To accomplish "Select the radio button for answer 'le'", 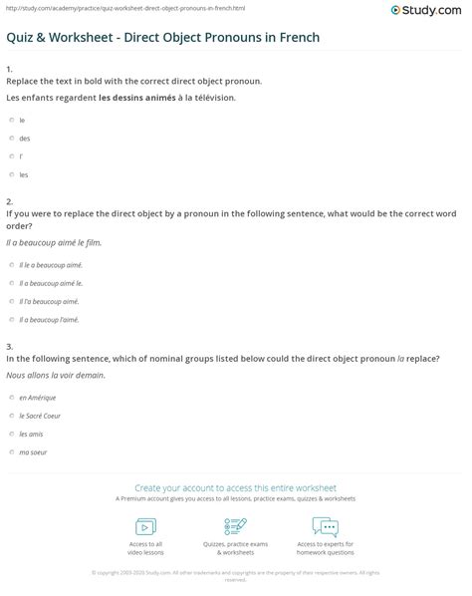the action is pyautogui.click(x=10, y=120).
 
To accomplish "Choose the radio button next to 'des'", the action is pyautogui.click(x=10, y=139).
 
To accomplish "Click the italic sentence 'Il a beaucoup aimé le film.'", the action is pyautogui.click(x=53, y=242).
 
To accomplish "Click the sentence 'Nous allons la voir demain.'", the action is pyautogui.click(x=55, y=377).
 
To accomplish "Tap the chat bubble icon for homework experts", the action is pyautogui.click(x=326, y=526).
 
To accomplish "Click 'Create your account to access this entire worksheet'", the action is pyautogui.click(x=236, y=487).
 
